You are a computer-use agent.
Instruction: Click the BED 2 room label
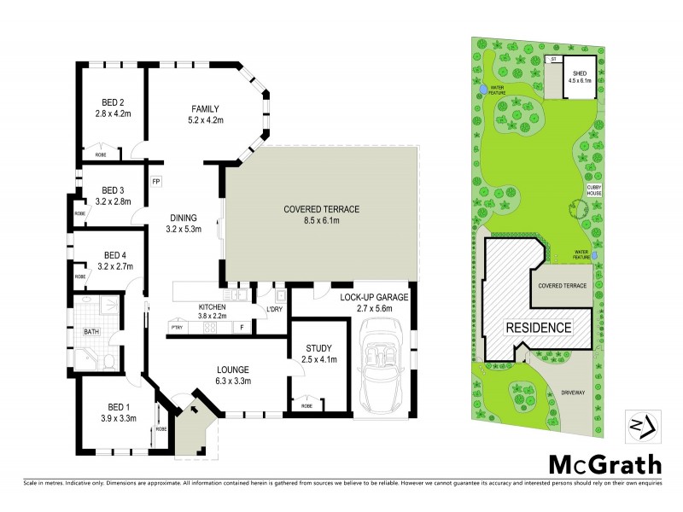(110, 104)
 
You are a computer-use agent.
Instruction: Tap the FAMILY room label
(205, 108)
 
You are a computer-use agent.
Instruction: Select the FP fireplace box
(155, 181)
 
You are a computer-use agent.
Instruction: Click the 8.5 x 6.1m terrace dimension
(322, 221)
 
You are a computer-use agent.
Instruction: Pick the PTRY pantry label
(177, 326)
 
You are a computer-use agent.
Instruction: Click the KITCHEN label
(212, 306)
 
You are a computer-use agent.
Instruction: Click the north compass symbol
(640, 424)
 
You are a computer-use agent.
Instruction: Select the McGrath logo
(603, 465)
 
